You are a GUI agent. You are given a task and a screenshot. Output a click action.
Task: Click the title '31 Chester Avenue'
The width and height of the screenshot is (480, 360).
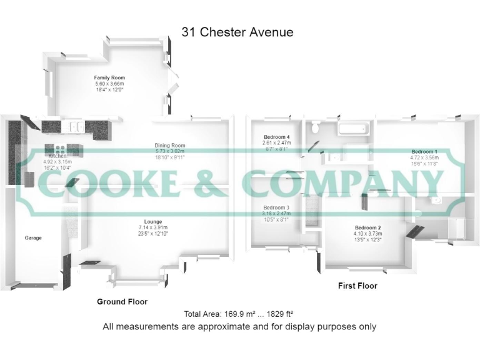[x=237, y=32]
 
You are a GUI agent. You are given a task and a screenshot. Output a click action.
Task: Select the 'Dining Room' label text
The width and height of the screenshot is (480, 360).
[x=170, y=146]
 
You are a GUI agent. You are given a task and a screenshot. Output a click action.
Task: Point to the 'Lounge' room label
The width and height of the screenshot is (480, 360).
[x=153, y=221]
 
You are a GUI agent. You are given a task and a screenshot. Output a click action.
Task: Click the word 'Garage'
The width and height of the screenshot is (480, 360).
[x=33, y=238]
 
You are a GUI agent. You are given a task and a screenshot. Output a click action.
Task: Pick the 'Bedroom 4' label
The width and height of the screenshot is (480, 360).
[x=277, y=137]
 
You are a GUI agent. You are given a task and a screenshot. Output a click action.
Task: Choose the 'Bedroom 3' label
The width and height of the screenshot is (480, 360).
[x=276, y=207]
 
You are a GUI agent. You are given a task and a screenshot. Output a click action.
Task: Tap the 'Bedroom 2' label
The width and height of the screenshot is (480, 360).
[x=367, y=227]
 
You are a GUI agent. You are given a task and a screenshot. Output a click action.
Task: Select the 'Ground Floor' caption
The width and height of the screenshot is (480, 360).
[x=122, y=301]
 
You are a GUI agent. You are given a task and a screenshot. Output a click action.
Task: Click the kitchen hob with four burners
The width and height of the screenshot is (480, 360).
[x=60, y=149]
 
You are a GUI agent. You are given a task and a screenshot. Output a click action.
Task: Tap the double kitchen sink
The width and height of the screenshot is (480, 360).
[x=74, y=126]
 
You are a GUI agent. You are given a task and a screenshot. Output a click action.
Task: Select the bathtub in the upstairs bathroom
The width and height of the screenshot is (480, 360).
[x=354, y=129]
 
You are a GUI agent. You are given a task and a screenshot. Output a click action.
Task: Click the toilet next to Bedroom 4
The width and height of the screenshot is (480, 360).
[x=316, y=127]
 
